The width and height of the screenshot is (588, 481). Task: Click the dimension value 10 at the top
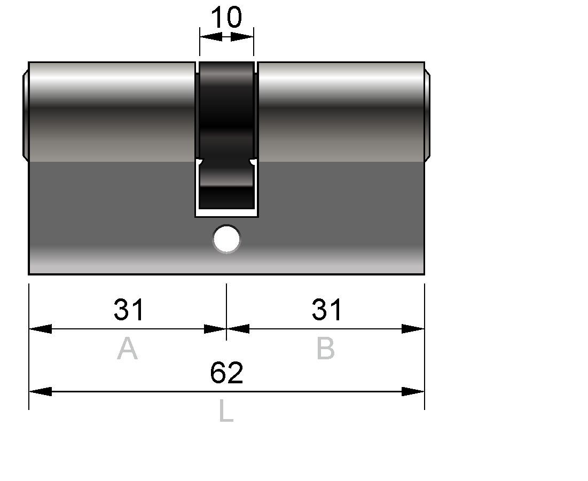click(226, 17)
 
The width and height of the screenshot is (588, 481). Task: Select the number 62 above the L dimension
click(226, 373)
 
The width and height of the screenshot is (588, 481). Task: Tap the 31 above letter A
click(128, 310)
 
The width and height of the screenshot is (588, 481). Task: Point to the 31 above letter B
click(326, 310)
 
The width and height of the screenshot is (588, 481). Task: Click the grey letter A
click(128, 349)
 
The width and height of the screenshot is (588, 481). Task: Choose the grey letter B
click(325, 349)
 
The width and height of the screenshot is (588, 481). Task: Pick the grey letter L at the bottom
click(226, 411)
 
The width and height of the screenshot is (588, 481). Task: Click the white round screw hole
click(226, 239)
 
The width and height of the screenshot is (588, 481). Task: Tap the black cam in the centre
click(226, 135)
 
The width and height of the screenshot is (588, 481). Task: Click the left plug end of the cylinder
click(26, 115)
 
